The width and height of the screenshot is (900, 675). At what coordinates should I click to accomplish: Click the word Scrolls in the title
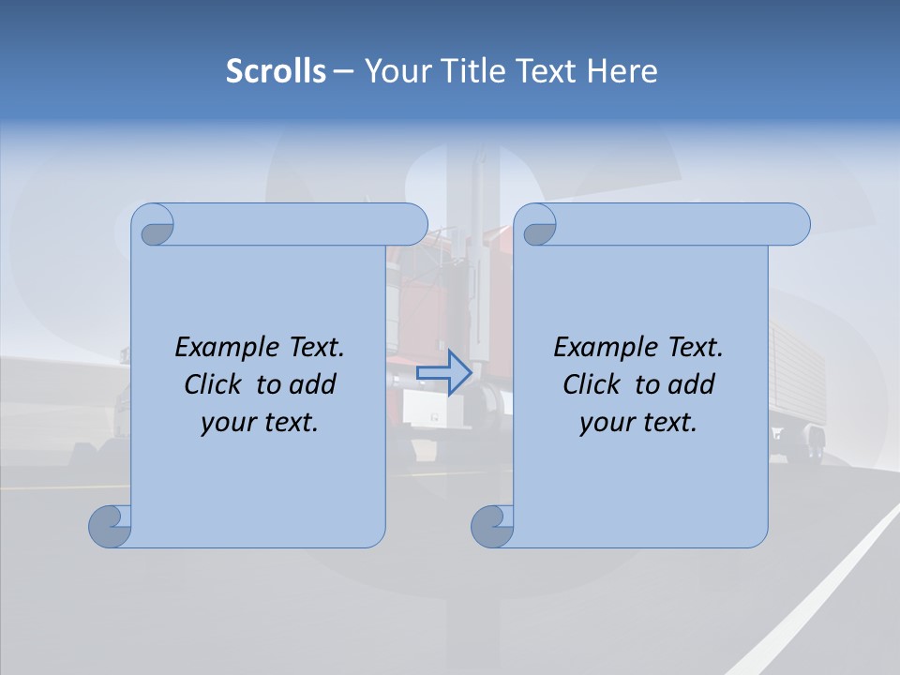point(276,71)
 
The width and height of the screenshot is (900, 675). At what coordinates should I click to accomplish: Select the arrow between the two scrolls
point(443,372)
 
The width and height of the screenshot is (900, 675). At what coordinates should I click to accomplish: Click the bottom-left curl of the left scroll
point(111,526)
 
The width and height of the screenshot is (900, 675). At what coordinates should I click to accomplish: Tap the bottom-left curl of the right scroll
point(492,526)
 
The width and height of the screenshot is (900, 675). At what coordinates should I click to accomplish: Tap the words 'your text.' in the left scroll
point(260,422)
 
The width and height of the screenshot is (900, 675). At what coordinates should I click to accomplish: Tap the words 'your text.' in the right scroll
point(638,422)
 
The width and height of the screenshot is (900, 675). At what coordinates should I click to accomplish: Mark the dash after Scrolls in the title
point(343,71)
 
